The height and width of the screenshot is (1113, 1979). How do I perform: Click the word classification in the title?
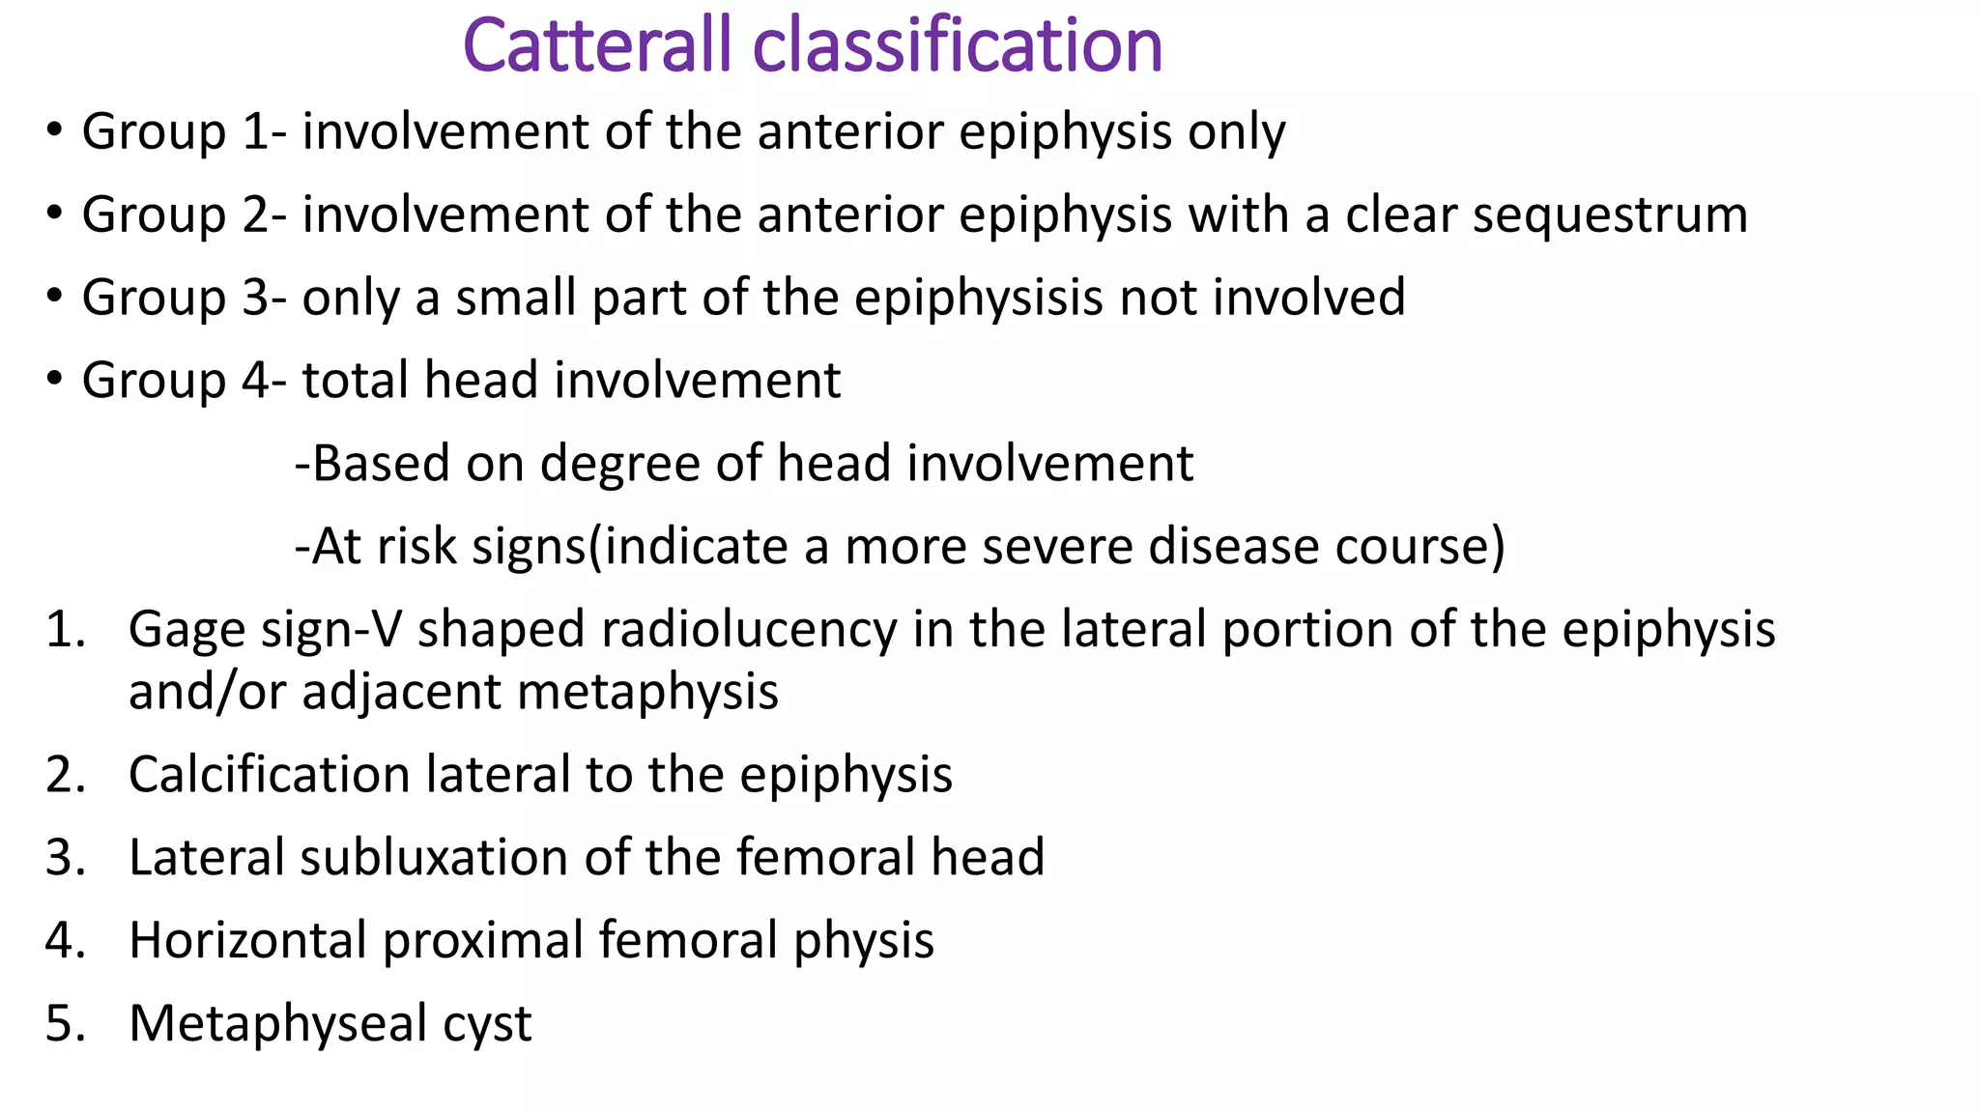pos(958,46)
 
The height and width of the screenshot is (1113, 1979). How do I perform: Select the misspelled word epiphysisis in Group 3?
pos(978,298)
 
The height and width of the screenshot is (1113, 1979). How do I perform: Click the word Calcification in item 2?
pos(270,775)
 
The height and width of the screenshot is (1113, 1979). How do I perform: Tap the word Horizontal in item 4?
pos(247,941)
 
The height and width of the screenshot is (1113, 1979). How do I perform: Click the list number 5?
pos(63,1024)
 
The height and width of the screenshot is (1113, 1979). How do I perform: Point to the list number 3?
pos(63,858)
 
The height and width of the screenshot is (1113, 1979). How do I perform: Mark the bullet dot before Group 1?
pos(54,129)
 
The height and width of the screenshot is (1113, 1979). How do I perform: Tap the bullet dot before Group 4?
pos(54,378)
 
